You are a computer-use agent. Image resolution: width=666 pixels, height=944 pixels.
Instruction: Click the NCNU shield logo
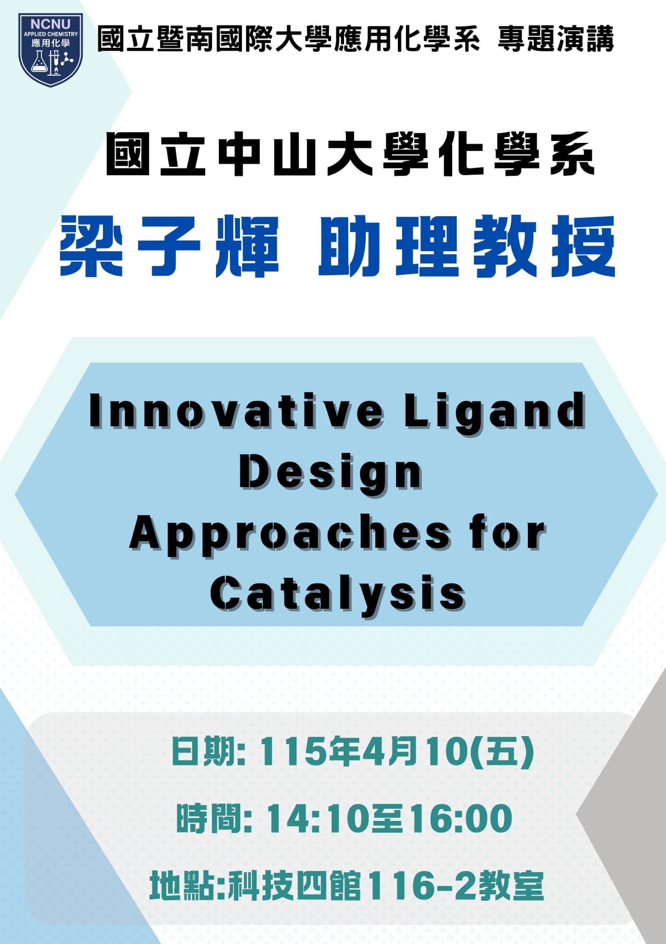coord(51,50)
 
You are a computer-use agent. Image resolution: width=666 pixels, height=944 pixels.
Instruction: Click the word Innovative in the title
coord(236,410)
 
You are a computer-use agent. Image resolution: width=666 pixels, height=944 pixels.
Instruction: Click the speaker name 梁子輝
coord(169,246)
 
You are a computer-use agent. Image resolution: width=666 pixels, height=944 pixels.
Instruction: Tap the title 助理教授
coord(467,246)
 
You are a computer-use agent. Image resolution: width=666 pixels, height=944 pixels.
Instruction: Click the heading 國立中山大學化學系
coord(351,154)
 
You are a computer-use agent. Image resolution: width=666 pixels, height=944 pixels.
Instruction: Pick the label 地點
coord(181,885)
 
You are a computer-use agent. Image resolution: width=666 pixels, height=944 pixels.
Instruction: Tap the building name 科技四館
coord(295,885)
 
